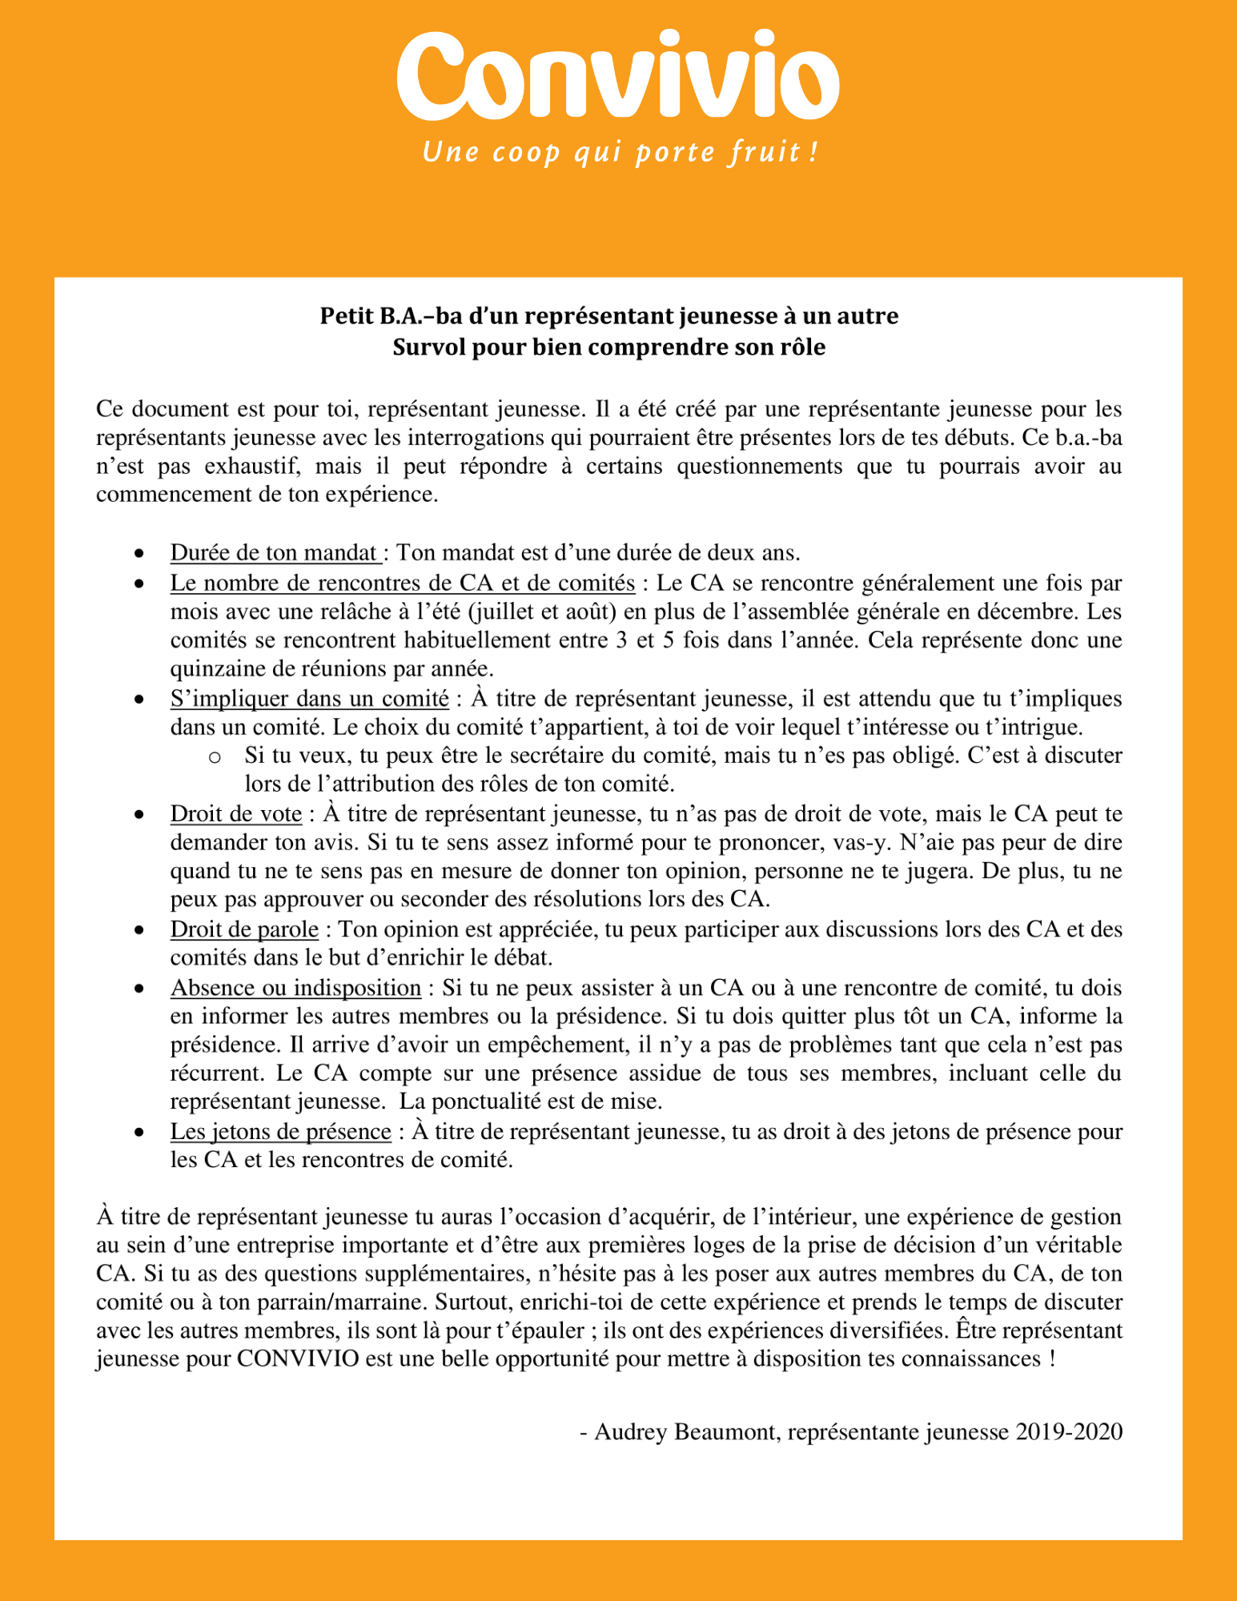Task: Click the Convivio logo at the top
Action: coord(617,76)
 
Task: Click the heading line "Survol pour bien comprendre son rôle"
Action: coord(608,347)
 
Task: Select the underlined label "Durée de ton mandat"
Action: coord(274,552)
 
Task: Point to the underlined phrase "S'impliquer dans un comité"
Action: coord(309,699)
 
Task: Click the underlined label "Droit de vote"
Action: coord(236,814)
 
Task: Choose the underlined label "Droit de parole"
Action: coord(244,929)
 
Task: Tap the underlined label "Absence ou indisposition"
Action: coord(295,988)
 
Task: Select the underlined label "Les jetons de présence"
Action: coord(280,1132)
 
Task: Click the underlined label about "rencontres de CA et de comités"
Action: coord(403,583)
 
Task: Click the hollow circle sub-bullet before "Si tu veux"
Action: coord(214,756)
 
